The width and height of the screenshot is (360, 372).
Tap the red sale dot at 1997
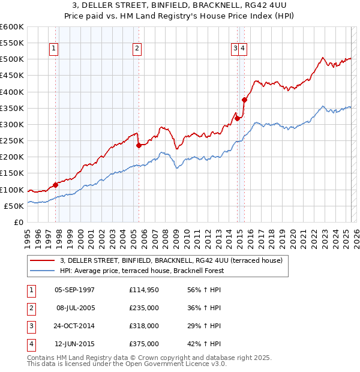[55, 185]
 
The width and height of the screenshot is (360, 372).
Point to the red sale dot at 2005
[139, 145]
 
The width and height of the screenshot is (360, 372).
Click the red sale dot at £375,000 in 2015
[244, 100]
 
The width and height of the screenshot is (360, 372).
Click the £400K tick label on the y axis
[11, 92]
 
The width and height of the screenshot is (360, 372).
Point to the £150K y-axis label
[11, 173]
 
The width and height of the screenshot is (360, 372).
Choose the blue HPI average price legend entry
[141, 271]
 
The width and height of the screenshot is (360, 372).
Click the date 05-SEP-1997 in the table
[74, 290]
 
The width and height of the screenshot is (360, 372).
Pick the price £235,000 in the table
[143, 308]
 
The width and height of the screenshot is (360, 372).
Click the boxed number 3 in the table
[31, 326]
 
